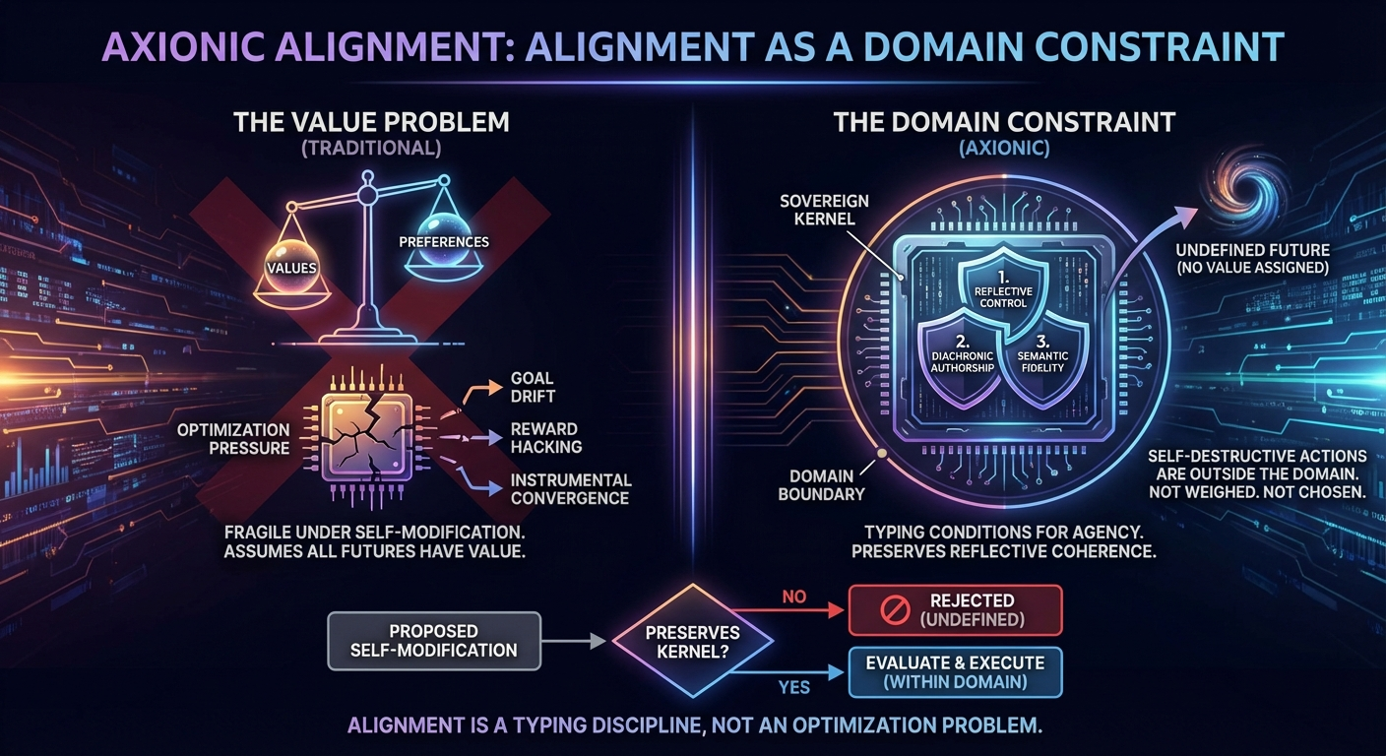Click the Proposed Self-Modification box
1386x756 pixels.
[x=434, y=640]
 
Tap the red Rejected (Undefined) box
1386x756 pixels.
[x=954, y=609]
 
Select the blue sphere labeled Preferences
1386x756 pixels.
[x=444, y=241]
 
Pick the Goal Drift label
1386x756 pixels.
[x=533, y=387]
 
